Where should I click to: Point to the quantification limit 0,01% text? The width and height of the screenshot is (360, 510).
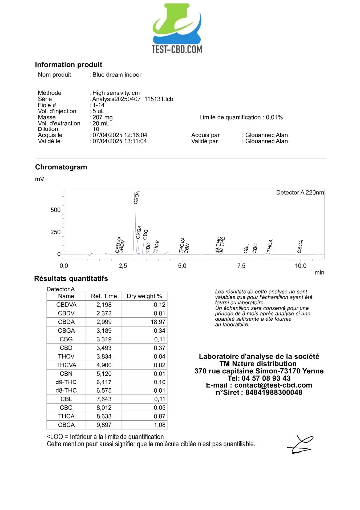click(241, 117)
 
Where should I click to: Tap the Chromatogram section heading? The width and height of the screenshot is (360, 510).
click(61, 167)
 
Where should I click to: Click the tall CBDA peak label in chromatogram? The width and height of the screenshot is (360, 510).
click(137, 197)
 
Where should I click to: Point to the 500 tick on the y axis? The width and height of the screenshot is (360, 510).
click(55, 210)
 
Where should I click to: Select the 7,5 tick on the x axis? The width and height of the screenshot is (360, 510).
click(241, 266)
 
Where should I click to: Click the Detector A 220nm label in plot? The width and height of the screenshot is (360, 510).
click(300, 193)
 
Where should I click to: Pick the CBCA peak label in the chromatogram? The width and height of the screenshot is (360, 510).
click(300, 246)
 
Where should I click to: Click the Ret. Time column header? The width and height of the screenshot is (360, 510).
click(104, 296)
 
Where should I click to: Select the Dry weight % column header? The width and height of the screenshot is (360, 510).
click(144, 296)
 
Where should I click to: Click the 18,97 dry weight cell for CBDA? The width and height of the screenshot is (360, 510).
click(157, 322)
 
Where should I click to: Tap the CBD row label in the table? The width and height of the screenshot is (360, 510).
click(66, 348)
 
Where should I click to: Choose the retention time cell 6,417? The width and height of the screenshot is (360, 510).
click(104, 382)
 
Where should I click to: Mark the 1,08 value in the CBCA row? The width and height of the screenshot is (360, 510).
click(159, 425)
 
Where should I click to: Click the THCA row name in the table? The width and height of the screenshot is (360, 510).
click(66, 416)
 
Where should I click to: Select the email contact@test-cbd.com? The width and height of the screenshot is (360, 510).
click(258, 385)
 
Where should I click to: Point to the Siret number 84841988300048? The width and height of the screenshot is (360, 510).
click(258, 392)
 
